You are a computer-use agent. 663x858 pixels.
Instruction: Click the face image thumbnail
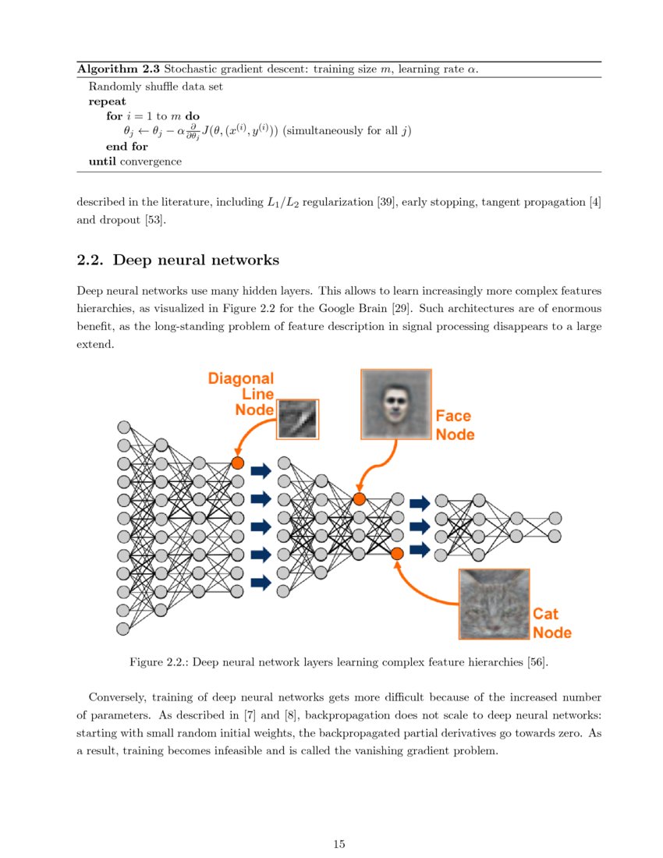click(395, 404)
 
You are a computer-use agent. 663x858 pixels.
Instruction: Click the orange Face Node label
click(454, 425)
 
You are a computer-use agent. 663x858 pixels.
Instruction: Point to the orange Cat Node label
click(552, 622)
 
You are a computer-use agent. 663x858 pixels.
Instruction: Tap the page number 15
click(339, 844)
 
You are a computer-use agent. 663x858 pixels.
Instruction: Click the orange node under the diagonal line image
click(238, 463)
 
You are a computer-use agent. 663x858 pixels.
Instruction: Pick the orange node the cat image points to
click(397, 553)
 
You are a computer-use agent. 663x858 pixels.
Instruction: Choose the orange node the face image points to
click(359, 498)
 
